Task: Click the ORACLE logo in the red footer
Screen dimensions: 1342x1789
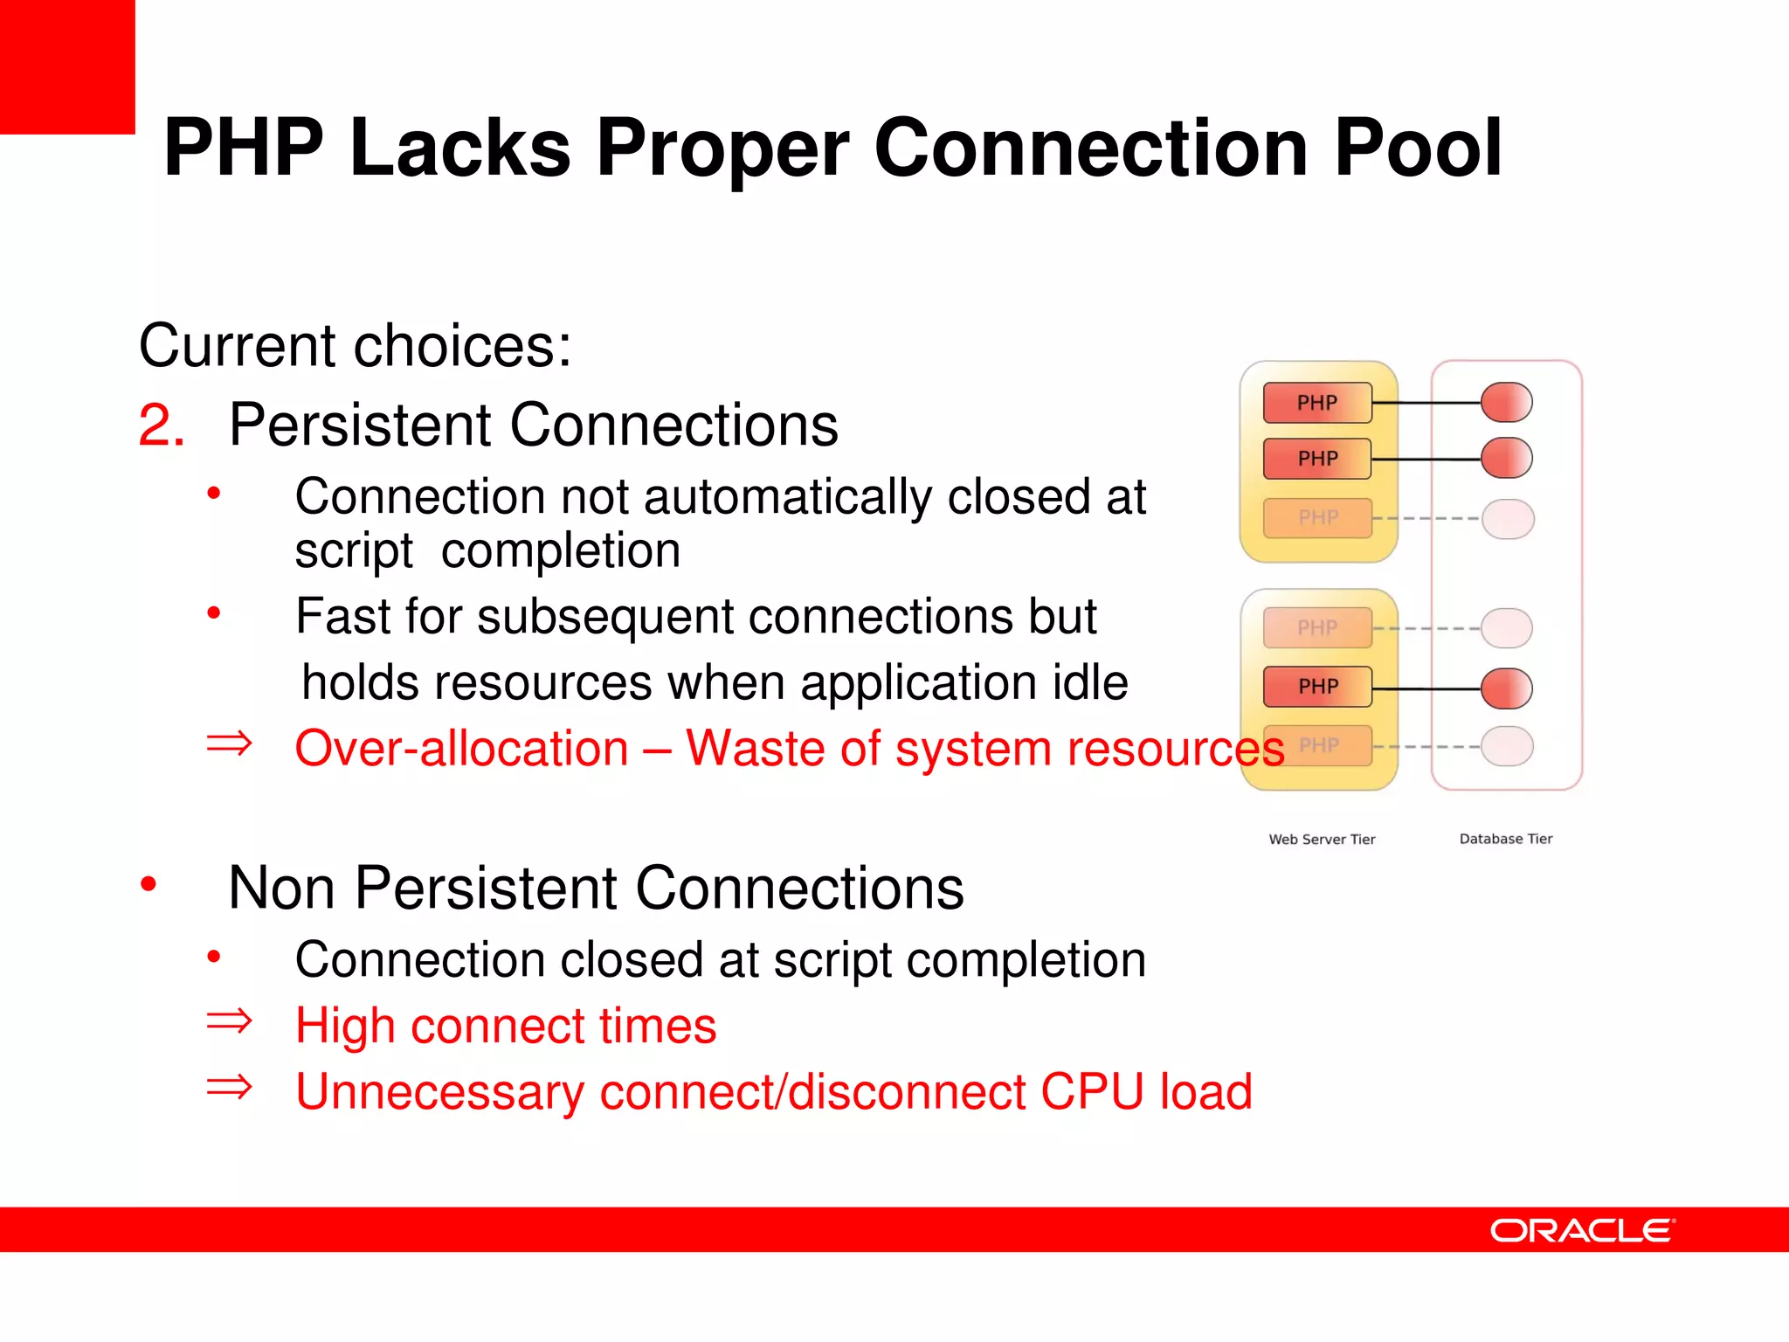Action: pyautogui.click(x=1582, y=1230)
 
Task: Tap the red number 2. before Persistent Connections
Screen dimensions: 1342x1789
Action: pyautogui.click(x=162, y=426)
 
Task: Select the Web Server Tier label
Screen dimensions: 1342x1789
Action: pyautogui.click(x=1322, y=839)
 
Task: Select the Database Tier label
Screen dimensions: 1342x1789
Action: pyautogui.click(x=1505, y=839)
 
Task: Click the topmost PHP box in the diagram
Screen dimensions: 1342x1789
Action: pyautogui.click(x=1316, y=403)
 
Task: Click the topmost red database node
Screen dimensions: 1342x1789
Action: pyautogui.click(x=1507, y=403)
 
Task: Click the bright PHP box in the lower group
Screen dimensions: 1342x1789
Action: pyautogui.click(x=1316, y=687)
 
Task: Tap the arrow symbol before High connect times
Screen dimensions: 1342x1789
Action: pyautogui.click(x=229, y=1020)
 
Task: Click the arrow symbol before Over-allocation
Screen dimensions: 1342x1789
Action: pyautogui.click(x=229, y=744)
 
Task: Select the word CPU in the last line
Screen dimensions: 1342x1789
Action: pyautogui.click(x=1092, y=1092)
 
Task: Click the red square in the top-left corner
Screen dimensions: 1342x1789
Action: pyautogui.click(x=67, y=66)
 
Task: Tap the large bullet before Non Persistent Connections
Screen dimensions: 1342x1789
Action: pyautogui.click(x=149, y=884)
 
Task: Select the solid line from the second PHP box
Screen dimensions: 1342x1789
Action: pyautogui.click(x=1426, y=459)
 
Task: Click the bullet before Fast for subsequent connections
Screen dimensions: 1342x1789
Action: pyautogui.click(x=214, y=613)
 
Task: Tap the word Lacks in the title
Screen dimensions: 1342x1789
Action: pyautogui.click(x=459, y=149)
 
